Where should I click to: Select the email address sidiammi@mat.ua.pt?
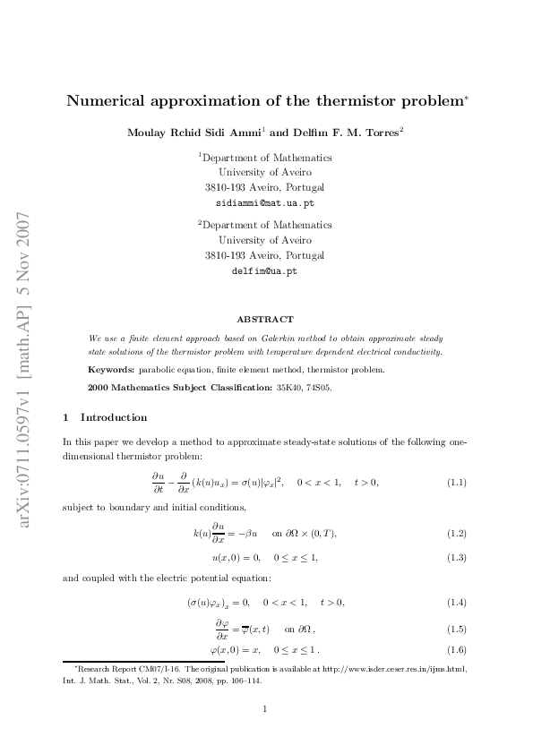click(x=265, y=202)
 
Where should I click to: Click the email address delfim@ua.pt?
click(x=265, y=270)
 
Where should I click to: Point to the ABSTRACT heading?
click(x=265, y=319)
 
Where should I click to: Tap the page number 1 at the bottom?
click(x=266, y=709)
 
